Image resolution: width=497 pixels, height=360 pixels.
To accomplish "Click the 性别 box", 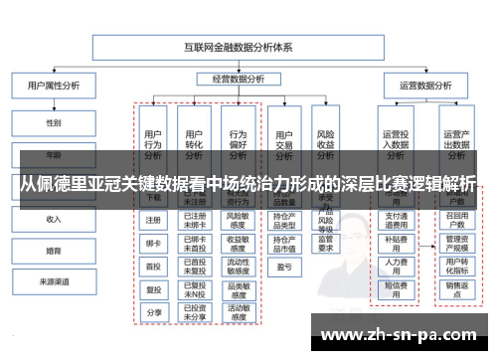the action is click(53, 123).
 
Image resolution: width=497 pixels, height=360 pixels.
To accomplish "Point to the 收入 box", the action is click(53, 219).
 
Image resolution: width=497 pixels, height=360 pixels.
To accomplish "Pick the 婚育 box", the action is click(53, 251).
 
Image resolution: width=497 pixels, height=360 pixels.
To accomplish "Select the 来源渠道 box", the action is click(53, 282).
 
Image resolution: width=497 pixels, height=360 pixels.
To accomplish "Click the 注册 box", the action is click(153, 220).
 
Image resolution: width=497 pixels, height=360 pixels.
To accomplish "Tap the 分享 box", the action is click(153, 311).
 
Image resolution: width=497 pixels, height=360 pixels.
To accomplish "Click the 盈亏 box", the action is click(283, 266).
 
